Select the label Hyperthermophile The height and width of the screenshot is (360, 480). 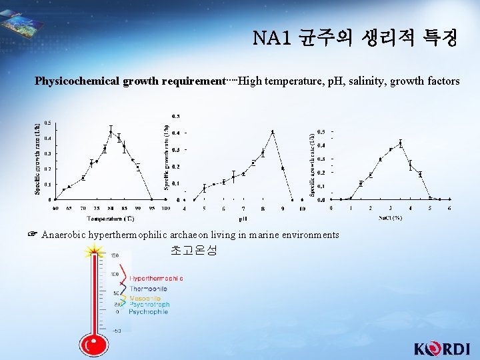click(x=156, y=278)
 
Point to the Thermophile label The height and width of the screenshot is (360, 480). click(x=148, y=289)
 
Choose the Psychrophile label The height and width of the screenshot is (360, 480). click(x=148, y=312)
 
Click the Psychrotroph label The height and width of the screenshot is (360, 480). click(x=149, y=305)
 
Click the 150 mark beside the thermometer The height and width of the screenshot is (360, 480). click(x=115, y=255)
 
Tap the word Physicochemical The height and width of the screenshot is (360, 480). click(x=77, y=81)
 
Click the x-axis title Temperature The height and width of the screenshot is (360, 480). click(x=103, y=218)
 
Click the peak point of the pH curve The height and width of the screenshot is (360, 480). click(x=273, y=132)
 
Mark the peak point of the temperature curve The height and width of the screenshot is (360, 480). click(x=111, y=131)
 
